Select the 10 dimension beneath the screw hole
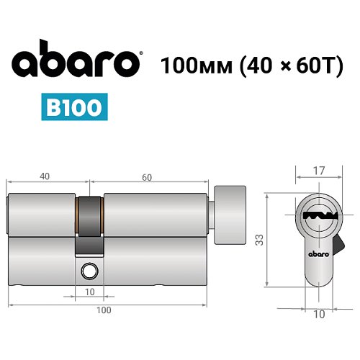tap(89, 292)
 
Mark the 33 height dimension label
tap(257, 237)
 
